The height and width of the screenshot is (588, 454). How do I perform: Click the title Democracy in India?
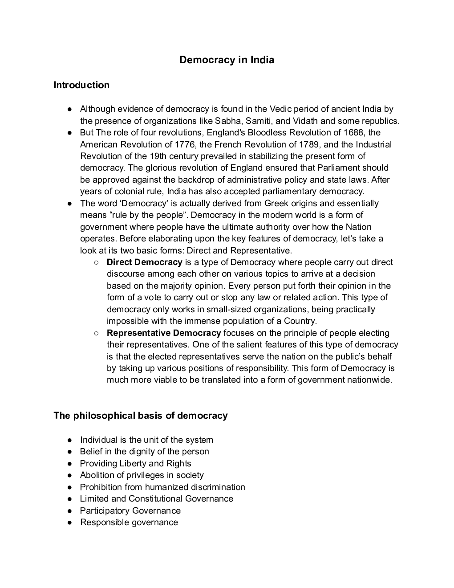point(227,60)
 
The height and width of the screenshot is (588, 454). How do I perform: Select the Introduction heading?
point(81,85)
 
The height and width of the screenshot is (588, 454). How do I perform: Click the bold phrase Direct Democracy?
point(144,262)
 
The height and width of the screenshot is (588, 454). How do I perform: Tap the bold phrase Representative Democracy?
point(164,333)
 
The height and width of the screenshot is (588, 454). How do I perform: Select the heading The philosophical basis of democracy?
point(141,416)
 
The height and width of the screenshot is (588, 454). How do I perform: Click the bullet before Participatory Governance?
point(70,511)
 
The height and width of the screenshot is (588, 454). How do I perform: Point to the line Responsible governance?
point(129,523)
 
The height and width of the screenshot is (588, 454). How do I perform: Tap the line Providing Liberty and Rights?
point(135,463)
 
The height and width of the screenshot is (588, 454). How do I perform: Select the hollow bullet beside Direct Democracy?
point(97,262)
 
